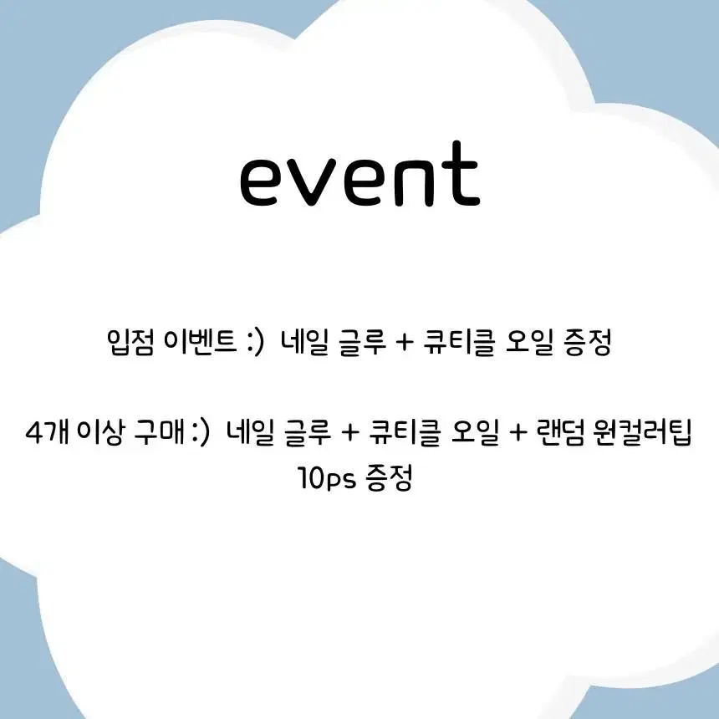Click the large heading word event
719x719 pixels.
pyautogui.click(x=360, y=174)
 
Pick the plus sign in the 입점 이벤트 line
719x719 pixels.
pyautogui.click(x=404, y=343)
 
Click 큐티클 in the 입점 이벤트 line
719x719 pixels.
pyautogui.click(x=459, y=342)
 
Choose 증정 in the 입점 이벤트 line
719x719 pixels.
pyautogui.click(x=588, y=342)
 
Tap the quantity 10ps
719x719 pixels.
pyautogui.click(x=327, y=478)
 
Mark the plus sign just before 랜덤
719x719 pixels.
pyautogui.click(x=518, y=433)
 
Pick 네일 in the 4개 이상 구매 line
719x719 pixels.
pyautogui.click(x=250, y=432)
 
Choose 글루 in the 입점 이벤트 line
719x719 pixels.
pyautogui.click(x=362, y=342)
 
